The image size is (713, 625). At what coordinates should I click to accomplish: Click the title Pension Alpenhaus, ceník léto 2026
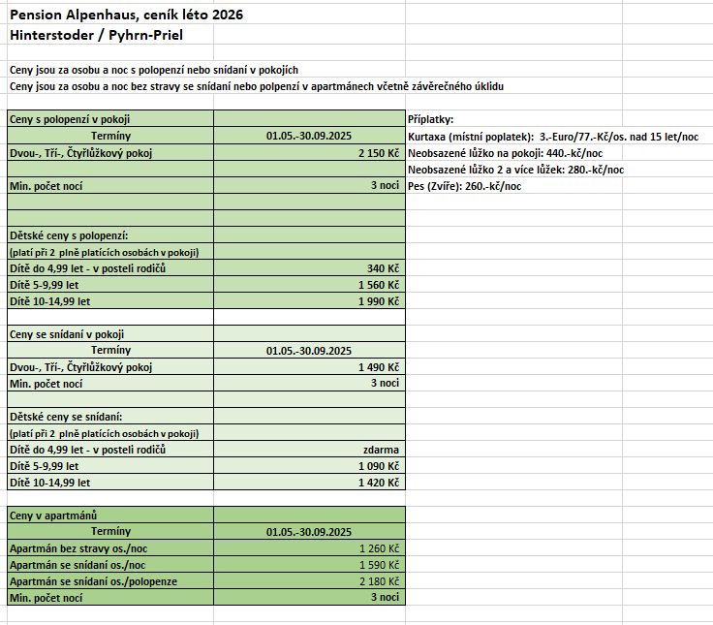pyautogui.click(x=126, y=16)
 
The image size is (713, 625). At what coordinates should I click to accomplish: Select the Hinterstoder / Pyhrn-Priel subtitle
pyautogui.click(x=95, y=35)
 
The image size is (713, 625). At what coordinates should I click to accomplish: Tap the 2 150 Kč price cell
pyautogui.click(x=378, y=153)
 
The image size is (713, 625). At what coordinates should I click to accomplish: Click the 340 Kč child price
pyautogui.click(x=383, y=268)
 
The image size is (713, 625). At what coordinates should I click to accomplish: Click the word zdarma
pyautogui.click(x=381, y=450)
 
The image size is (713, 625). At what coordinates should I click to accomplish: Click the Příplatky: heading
pyautogui.click(x=431, y=119)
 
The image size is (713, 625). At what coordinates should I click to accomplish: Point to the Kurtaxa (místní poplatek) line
pyautogui.click(x=552, y=137)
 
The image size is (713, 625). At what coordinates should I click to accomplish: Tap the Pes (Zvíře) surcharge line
pyautogui.click(x=464, y=186)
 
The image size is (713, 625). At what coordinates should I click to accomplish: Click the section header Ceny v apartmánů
pyautogui.click(x=53, y=516)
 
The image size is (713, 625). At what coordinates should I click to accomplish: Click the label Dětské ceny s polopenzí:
pyautogui.click(x=69, y=235)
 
